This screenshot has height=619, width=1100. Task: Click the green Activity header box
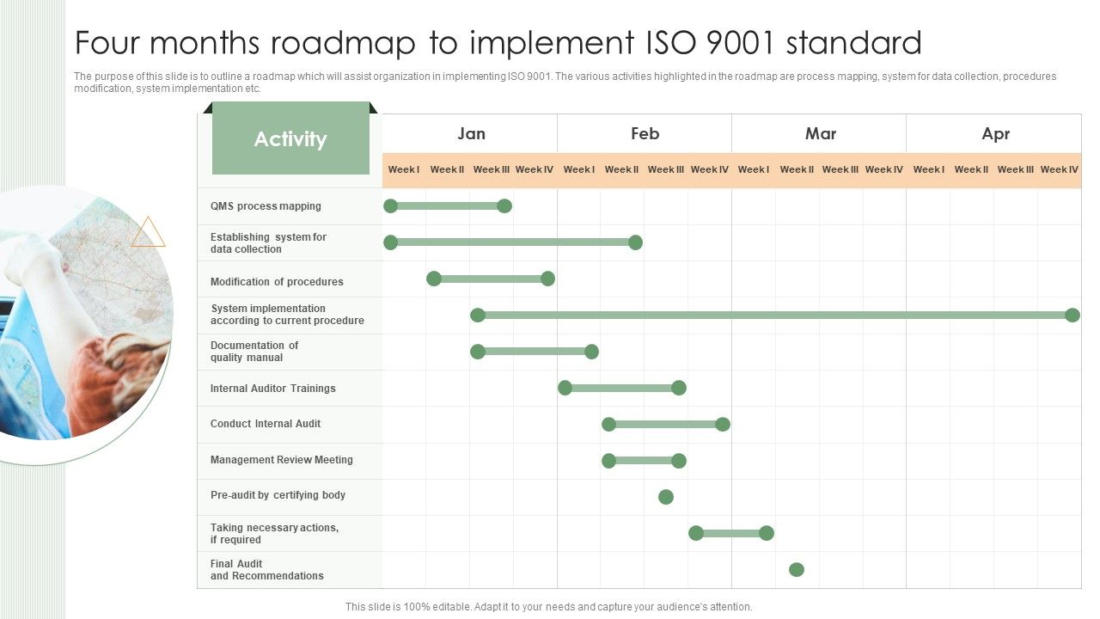point(290,138)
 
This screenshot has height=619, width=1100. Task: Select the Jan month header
point(471,133)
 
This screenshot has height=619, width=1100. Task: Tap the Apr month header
point(995,133)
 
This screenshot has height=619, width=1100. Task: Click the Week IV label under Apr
point(1059,169)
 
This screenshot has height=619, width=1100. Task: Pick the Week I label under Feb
point(578,169)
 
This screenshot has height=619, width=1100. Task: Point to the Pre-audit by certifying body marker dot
point(666,497)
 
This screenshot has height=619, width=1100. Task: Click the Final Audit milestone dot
point(797,569)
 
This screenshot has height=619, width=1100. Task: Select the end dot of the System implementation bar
point(1072,316)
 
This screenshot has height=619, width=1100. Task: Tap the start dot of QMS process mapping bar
point(391,205)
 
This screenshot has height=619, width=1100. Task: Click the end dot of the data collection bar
point(635,242)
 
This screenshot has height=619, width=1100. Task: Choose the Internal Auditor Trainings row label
point(272,389)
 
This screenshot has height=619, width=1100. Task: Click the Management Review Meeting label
point(281,460)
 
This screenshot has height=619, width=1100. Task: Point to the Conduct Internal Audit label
point(266,424)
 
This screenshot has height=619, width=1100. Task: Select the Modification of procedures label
point(277,282)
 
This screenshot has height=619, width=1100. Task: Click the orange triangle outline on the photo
point(148,233)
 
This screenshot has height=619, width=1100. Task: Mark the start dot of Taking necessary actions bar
point(696,533)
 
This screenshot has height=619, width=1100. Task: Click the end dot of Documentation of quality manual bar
point(591,352)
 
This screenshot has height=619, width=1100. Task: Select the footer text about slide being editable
point(548,607)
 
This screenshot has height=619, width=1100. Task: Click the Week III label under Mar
point(840,169)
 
